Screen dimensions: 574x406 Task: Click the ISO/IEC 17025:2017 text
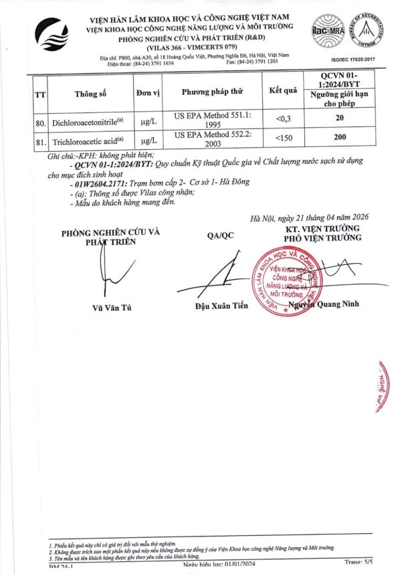click(361, 58)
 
